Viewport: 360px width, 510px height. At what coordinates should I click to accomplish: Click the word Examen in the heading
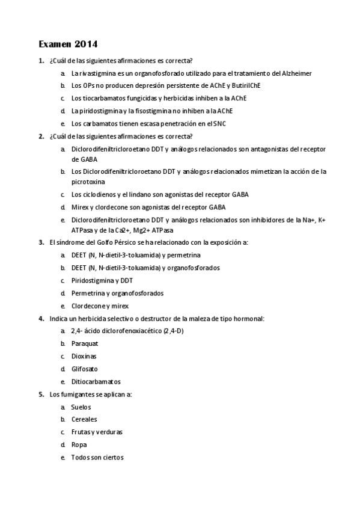tap(55, 44)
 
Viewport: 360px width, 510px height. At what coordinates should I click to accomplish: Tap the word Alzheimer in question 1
tap(293, 73)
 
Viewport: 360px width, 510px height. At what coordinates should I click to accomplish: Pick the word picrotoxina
tap(88, 181)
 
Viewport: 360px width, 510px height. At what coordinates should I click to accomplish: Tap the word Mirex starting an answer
tap(80, 207)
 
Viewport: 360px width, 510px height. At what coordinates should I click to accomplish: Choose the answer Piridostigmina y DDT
tap(102, 280)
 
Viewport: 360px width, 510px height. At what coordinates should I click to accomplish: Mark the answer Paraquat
tap(84, 343)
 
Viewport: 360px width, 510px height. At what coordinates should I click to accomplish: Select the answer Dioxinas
tap(84, 356)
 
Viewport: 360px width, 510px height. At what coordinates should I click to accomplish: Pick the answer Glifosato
tap(84, 369)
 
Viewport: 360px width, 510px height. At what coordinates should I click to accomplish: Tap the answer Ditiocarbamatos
tap(96, 381)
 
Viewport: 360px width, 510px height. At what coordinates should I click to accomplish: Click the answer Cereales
tap(84, 419)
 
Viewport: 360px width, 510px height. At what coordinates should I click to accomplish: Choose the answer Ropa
tap(79, 444)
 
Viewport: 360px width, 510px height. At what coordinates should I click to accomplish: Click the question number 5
tap(41, 394)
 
